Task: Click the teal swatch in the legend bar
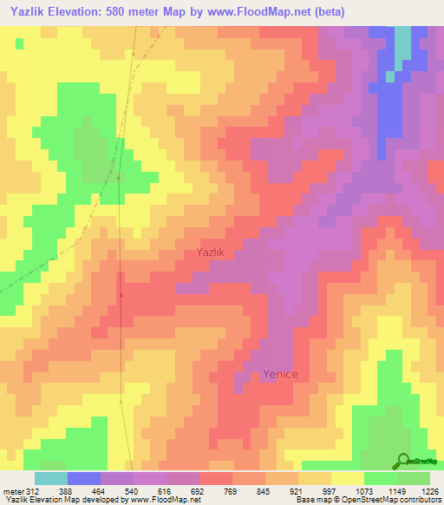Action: (x=51, y=478)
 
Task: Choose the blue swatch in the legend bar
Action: (x=84, y=478)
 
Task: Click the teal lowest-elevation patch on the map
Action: (x=403, y=48)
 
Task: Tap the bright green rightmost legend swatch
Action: (x=414, y=478)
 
